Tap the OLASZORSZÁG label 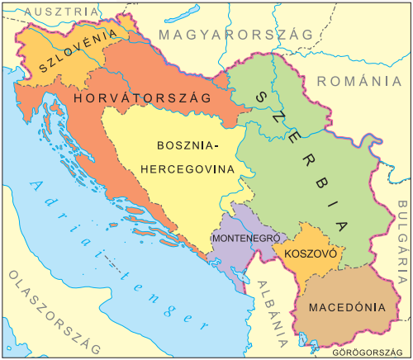[50, 310]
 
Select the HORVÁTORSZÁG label [143, 98]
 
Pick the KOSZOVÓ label [309, 254]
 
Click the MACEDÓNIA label [347, 306]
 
